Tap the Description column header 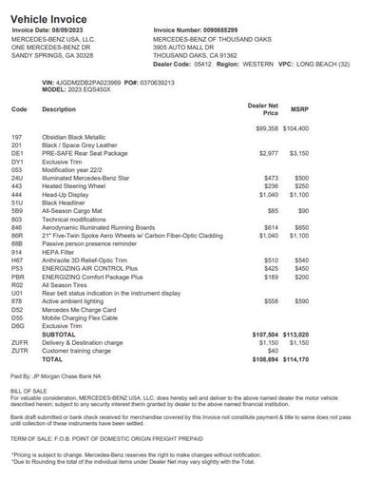(x=60, y=110)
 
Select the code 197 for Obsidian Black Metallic (x=16, y=137)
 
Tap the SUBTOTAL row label (x=59, y=335)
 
